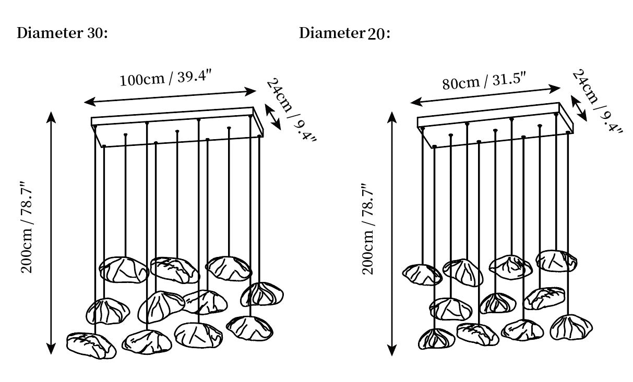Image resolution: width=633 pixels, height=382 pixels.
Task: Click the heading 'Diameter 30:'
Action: coord(62,33)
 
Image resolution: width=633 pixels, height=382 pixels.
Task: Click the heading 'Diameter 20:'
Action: coord(344,33)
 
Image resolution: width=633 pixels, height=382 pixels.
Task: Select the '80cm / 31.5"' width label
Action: coord(484,81)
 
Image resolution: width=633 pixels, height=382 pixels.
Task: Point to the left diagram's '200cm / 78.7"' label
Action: coord(27,228)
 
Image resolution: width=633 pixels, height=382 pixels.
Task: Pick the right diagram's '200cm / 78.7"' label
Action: coord(368,229)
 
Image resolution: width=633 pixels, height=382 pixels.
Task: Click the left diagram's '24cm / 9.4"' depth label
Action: coord(291,110)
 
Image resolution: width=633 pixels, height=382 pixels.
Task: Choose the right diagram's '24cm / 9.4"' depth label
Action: coord(597,101)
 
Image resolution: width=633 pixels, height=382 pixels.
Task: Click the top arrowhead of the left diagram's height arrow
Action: coord(51,117)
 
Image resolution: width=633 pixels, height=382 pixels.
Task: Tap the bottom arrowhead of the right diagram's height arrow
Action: coord(392,351)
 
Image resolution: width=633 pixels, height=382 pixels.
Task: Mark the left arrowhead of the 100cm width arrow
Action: coord(90,102)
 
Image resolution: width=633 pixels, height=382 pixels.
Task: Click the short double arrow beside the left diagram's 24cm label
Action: coord(273,117)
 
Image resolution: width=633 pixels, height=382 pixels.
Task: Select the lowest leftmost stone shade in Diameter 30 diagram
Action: coord(91,346)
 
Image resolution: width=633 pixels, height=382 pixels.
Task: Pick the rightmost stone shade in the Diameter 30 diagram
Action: coord(261,294)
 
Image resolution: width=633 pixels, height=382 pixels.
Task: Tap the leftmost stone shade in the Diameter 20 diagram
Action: coord(422,275)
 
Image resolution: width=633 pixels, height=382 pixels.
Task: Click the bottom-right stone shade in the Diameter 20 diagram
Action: coord(571,327)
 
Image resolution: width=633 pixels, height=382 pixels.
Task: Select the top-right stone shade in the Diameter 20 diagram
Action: coord(556,261)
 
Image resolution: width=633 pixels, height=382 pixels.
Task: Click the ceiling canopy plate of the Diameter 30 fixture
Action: coord(177,127)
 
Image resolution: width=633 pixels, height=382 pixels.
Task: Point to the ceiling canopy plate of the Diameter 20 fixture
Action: coord(495,125)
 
